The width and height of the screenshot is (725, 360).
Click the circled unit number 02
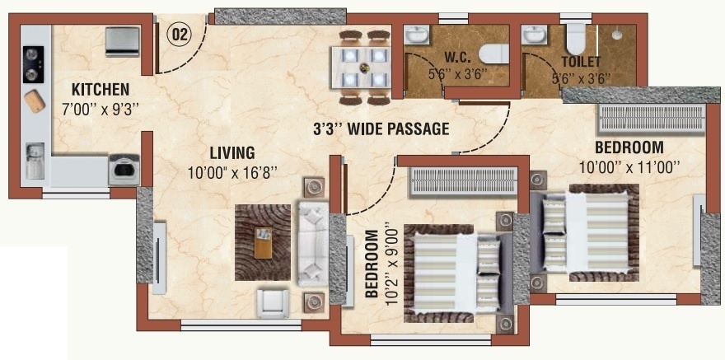tap(179, 35)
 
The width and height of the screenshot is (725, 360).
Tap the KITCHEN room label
tap(101, 89)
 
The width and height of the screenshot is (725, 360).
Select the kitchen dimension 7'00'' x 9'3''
tap(101, 109)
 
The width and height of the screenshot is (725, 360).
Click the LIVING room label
tap(232, 152)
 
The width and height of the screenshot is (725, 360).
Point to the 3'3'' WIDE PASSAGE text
tap(381, 129)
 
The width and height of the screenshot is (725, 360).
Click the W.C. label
tap(458, 58)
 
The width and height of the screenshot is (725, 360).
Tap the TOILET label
tap(581, 62)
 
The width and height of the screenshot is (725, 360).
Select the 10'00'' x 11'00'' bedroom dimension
tap(629, 167)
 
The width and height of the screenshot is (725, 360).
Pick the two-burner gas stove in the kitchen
tap(33, 64)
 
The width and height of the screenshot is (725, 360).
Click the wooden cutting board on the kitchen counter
tap(35, 101)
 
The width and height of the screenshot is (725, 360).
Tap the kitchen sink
tap(35, 161)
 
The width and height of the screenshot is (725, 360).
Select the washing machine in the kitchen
tap(124, 170)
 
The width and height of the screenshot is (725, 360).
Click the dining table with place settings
tap(361, 68)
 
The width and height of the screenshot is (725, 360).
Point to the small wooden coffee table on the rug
tap(263, 243)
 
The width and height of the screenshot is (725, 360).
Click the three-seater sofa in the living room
tap(312, 243)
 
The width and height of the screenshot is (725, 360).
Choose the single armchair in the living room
tap(273, 304)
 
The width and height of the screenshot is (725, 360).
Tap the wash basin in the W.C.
tap(417, 35)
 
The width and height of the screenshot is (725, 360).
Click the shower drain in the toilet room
tap(616, 35)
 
